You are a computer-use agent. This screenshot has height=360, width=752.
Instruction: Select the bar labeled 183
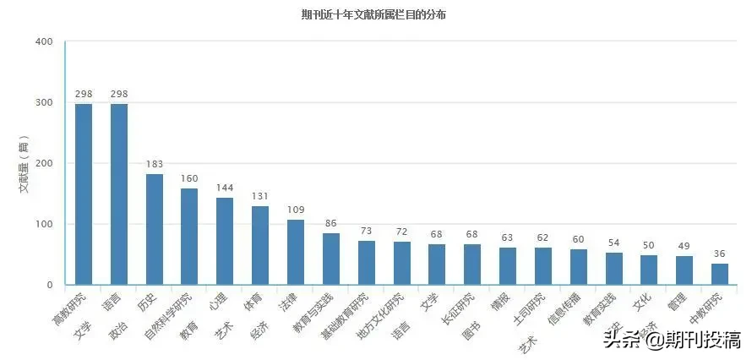tap(155, 229)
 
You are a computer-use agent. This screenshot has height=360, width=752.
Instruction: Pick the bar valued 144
tap(225, 241)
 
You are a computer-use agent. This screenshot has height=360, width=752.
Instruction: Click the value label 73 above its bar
tap(367, 231)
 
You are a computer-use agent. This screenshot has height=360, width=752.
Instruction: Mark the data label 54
tap(614, 243)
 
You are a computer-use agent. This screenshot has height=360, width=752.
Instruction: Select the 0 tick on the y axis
tap(49, 286)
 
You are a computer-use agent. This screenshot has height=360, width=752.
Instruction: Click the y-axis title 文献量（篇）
tap(25, 164)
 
